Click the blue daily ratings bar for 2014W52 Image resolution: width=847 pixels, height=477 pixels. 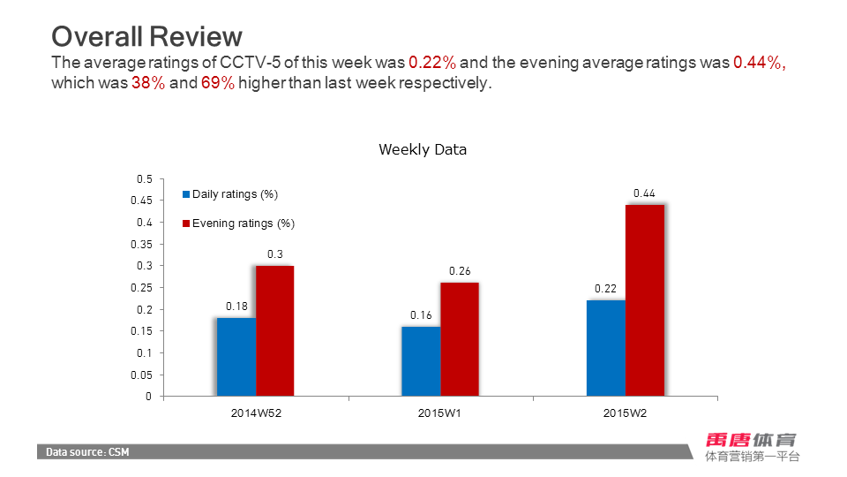click(236, 357)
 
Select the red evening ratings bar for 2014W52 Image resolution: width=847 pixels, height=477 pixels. click(275, 331)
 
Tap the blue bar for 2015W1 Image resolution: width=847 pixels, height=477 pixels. click(421, 361)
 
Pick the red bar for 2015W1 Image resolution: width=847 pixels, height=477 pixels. click(460, 339)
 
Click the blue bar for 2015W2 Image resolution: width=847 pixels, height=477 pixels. click(606, 348)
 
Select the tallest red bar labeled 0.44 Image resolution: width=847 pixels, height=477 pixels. click(645, 300)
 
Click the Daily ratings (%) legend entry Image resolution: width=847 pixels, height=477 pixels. click(230, 194)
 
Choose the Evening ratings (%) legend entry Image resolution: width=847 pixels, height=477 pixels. click(238, 223)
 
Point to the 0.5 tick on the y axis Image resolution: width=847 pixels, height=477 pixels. click(145, 179)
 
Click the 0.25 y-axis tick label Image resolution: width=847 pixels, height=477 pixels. click(142, 288)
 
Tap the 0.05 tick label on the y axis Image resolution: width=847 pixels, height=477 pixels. click(142, 375)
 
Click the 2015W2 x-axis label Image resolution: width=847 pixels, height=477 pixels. click(626, 413)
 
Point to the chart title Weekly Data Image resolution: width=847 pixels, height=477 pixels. click(423, 149)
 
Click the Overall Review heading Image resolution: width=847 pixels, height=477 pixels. click(146, 36)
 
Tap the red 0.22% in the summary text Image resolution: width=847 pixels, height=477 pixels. click(432, 63)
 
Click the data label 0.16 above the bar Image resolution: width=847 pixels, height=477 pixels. click(421, 315)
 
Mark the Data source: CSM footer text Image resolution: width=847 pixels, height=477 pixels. click(88, 452)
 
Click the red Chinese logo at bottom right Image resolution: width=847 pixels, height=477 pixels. click(751, 440)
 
